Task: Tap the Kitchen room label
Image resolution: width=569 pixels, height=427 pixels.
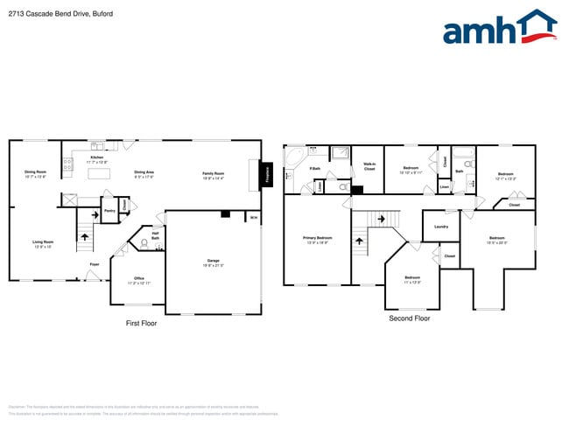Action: [x=96, y=158]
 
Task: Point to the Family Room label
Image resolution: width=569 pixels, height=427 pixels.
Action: [x=214, y=174]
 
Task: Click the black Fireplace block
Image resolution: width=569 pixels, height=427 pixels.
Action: [x=267, y=173]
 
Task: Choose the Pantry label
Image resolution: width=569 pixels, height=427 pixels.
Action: [x=109, y=211]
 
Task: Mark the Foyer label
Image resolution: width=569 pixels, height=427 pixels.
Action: [x=94, y=263]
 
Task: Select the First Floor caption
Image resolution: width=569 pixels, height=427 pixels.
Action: [x=141, y=324]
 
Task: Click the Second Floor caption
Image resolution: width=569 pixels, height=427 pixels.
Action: [x=409, y=318]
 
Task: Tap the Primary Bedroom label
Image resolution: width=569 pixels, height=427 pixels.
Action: [x=317, y=239]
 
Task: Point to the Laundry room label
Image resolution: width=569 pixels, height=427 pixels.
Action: [x=440, y=227]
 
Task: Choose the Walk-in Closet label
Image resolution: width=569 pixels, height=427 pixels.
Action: [x=369, y=166]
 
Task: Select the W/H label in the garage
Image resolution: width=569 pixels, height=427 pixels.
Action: [x=254, y=217]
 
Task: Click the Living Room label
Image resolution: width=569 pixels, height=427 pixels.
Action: [x=43, y=244]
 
